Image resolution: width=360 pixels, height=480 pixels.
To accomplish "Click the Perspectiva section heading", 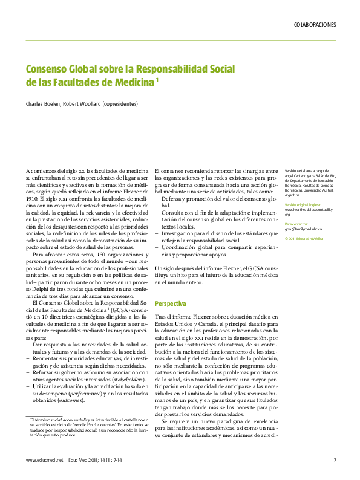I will [x=171, y=303].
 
